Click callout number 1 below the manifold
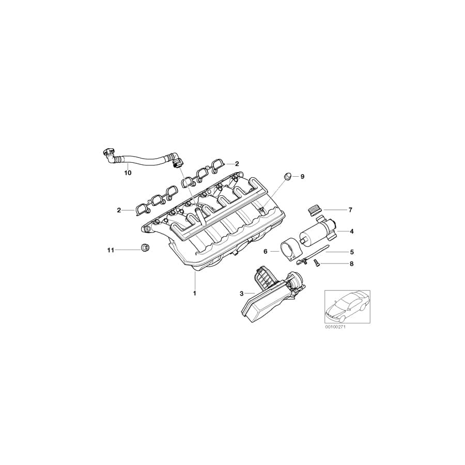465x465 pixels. click(194, 293)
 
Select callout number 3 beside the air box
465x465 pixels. click(241, 293)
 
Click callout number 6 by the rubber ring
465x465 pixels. click(266, 252)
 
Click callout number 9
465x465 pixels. click(302, 177)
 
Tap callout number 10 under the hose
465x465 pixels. click(128, 173)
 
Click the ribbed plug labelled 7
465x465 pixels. click(314, 209)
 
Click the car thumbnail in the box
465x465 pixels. click(347, 307)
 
